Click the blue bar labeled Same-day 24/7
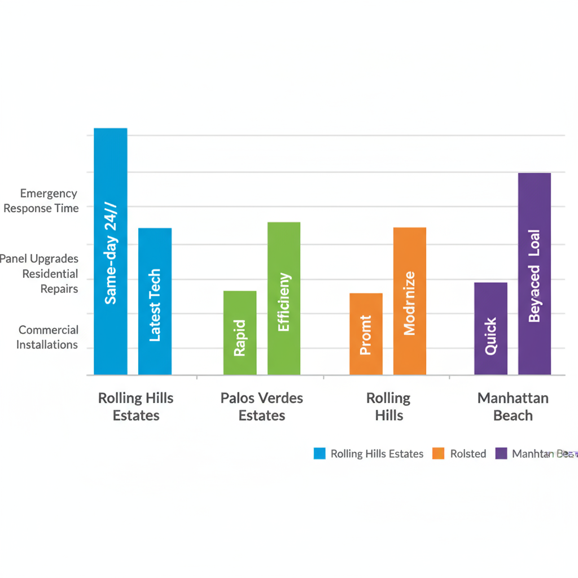pos(111,251)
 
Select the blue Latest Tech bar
pos(155,301)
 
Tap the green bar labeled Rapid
pos(240,332)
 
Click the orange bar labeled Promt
pos(366,334)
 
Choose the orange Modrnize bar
pos(410,301)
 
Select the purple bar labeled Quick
pos(491,329)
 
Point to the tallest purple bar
pos(535,274)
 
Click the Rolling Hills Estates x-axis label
pos(136,406)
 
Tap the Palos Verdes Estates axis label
pos(262,406)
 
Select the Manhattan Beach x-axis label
pos(513,406)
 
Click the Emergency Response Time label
pos(41,201)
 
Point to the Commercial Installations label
pos(47,337)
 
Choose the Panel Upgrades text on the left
pos(39,259)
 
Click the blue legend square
pos(320,453)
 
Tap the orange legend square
pos(439,453)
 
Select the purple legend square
pos(501,453)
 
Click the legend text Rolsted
pos(468,454)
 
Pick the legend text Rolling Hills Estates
pos(376,454)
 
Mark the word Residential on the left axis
pos(50,274)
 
